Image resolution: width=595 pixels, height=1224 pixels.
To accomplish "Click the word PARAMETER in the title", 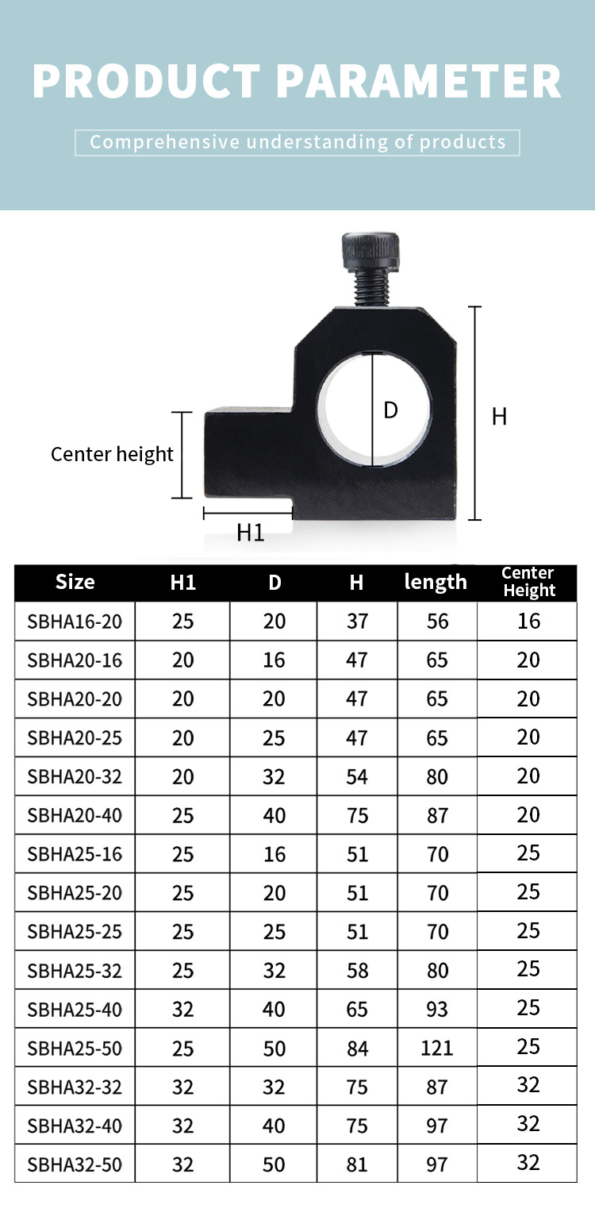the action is point(419,81).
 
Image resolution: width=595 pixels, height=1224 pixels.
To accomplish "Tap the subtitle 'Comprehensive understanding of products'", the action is point(297,142).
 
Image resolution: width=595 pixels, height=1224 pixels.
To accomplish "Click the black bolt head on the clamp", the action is point(371,252).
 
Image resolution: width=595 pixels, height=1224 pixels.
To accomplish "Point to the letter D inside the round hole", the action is point(390,410).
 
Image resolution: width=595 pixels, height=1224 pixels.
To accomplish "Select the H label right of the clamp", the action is point(499,417).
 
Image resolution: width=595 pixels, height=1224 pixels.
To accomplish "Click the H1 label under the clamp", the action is point(250,532).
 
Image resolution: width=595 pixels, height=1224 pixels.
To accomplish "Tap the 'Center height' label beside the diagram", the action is point(112,454).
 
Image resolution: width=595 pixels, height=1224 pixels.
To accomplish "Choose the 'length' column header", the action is point(436,582).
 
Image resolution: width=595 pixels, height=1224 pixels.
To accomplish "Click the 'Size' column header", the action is point(75,582).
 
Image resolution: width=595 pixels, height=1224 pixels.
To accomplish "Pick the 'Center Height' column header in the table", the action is point(528,581).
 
